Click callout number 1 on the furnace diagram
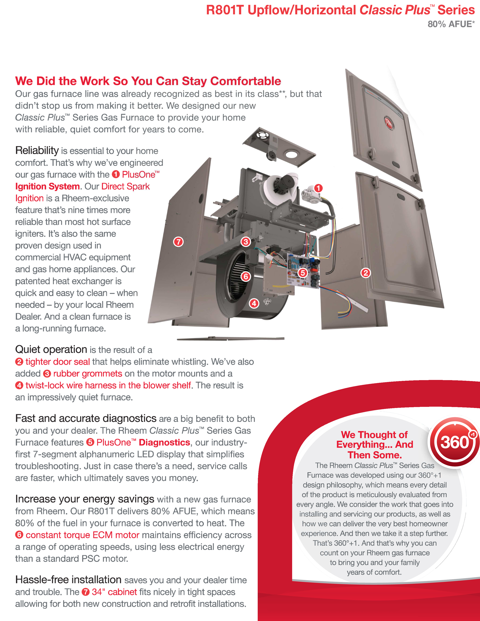point(318,188)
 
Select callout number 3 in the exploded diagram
point(246,242)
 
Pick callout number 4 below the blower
point(254,303)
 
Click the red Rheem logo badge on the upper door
point(389,123)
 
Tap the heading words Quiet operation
point(51,349)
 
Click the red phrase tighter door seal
point(58,362)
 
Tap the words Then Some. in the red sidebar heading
point(375,455)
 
